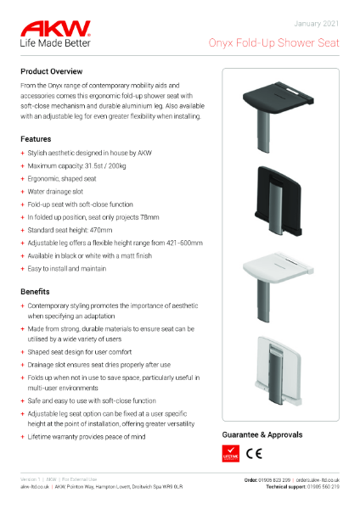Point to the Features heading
pos(37,137)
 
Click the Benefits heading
pos(37,290)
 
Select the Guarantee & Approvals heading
pos(262,434)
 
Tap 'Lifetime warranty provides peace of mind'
pos(87,436)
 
